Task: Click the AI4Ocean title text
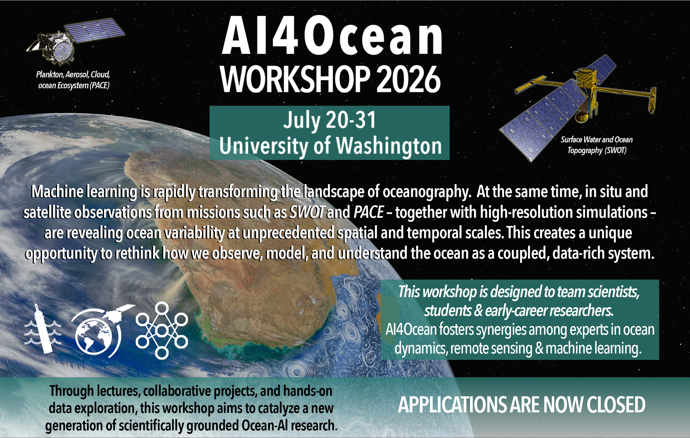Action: click(x=332, y=35)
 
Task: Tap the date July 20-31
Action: click(x=330, y=120)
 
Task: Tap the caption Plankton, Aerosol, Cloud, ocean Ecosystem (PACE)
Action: click(x=73, y=80)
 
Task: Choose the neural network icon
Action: click(x=162, y=331)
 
